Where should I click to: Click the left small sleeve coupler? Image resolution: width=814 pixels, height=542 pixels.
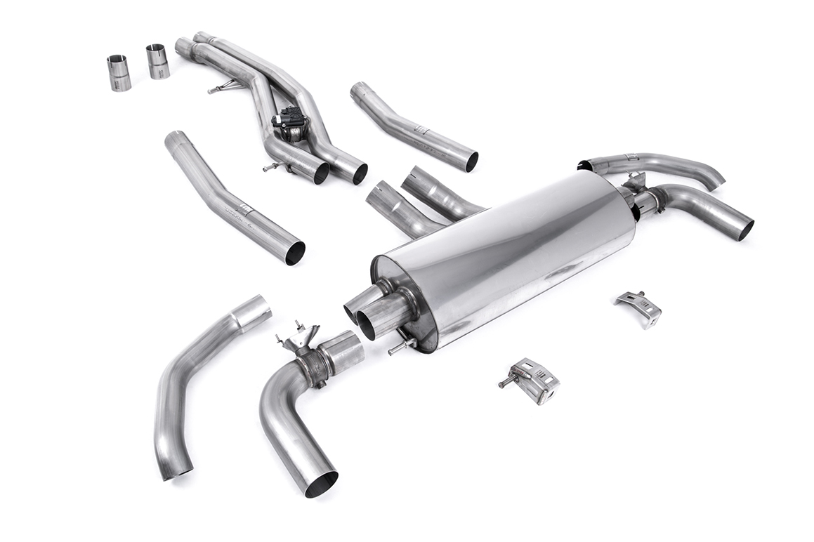tap(119, 73)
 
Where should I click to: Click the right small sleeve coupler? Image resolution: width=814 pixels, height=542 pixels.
tap(157, 62)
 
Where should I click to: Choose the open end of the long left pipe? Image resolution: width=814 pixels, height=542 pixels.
tap(295, 253)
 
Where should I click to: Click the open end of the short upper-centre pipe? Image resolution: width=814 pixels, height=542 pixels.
tap(471, 161)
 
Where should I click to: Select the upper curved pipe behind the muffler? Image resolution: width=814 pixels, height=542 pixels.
tap(653, 165)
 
